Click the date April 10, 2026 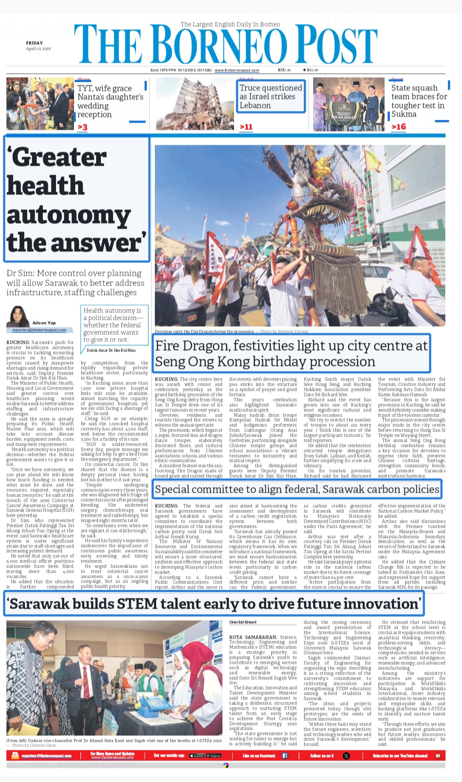38,49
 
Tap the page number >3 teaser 83,127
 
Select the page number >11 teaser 246,127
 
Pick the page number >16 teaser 399,127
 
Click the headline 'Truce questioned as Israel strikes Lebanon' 271,97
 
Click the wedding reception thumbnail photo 40,104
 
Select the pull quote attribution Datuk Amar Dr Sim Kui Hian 111,350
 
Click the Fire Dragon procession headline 291,354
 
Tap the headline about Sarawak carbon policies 297,489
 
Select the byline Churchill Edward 243,622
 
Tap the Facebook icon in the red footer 285,756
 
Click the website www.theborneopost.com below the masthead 237,70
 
